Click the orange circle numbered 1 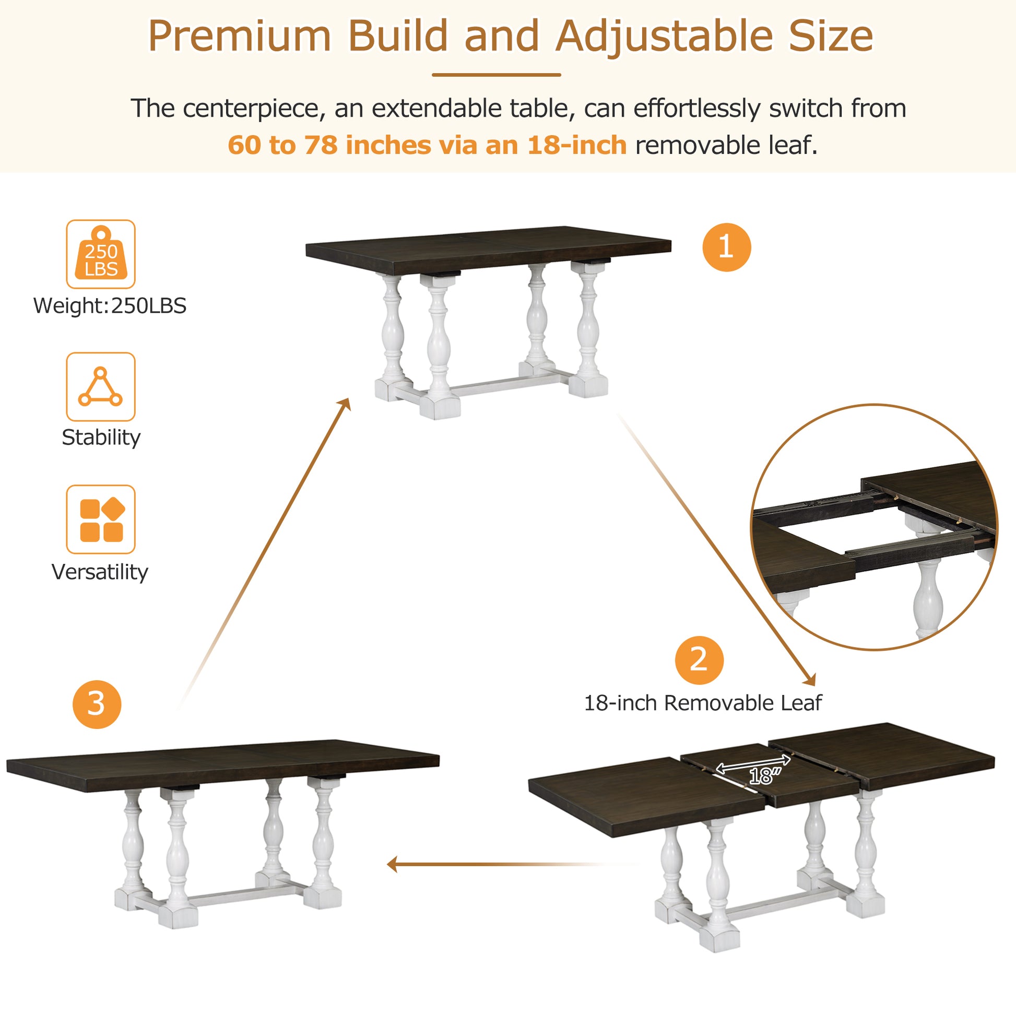(x=726, y=247)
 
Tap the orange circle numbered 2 (x=699, y=660)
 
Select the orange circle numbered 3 (x=97, y=704)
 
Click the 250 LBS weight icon (x=100, y=254)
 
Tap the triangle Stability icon (x=100, y=386)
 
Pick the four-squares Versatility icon (x=100, y=519)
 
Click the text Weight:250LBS (x=110, y=305)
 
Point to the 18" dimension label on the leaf (x=764, y=775)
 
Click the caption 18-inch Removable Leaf (x=703, y=703)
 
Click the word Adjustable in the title (x=664, y=37)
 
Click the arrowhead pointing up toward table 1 (x=346, y=404)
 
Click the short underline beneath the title (x=496, y=75)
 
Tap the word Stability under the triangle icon (x=101, y=438)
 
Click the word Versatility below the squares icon (x=100, y=572)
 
